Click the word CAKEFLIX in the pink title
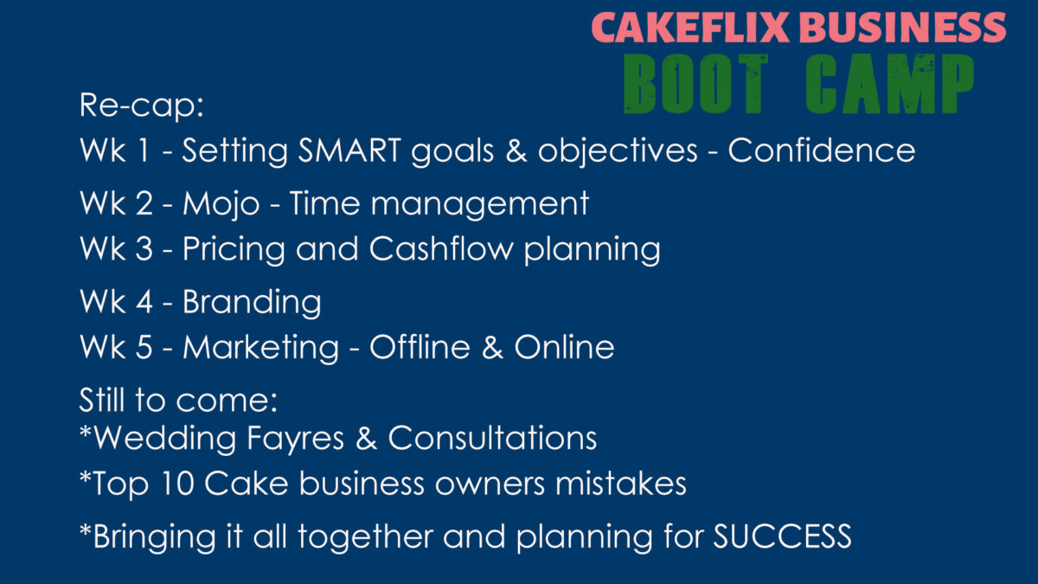pos(690,27)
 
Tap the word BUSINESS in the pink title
pos(902,27)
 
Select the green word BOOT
pos(695,83)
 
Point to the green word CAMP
pos(890,83)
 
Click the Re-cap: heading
pos(141,106)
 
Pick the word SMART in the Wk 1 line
pos(349,151)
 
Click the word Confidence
pos(822,151)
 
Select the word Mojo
pos(221,204)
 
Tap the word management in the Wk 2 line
pos(479,204)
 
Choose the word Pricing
pos(234,249)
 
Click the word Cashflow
pos(441,248)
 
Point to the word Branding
pos(252,302)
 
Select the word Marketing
pos(261,348)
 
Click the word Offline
pos(420,347)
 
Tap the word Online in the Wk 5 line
pos(564,347)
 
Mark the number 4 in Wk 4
pos(144,302)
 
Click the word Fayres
pos(295,439)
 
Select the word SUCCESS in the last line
pos(782,536)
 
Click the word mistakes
pos(621,484)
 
